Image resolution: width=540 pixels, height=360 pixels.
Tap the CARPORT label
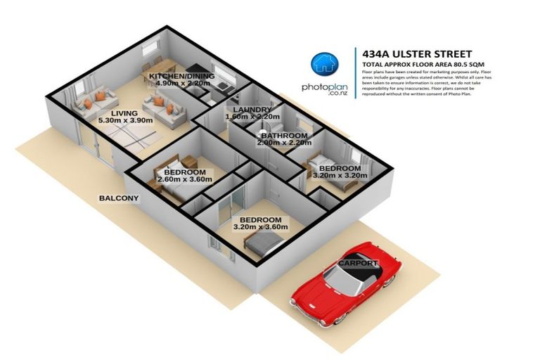click(x=359, y=264)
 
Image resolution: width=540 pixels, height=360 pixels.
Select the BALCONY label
click(x=119, y=198)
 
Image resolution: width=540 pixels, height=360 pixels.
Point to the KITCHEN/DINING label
click(x=177, y=75)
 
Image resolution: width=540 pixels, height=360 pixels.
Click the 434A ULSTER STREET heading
click(x=412, y=53)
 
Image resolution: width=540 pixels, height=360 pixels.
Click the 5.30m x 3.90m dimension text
click(x=123, y=120)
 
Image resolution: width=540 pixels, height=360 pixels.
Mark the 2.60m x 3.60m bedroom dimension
click(x=184, y=181)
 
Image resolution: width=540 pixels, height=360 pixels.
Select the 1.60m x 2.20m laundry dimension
click(x=247, y=117)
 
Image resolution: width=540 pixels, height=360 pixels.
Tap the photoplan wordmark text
click(x=325, y=88)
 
